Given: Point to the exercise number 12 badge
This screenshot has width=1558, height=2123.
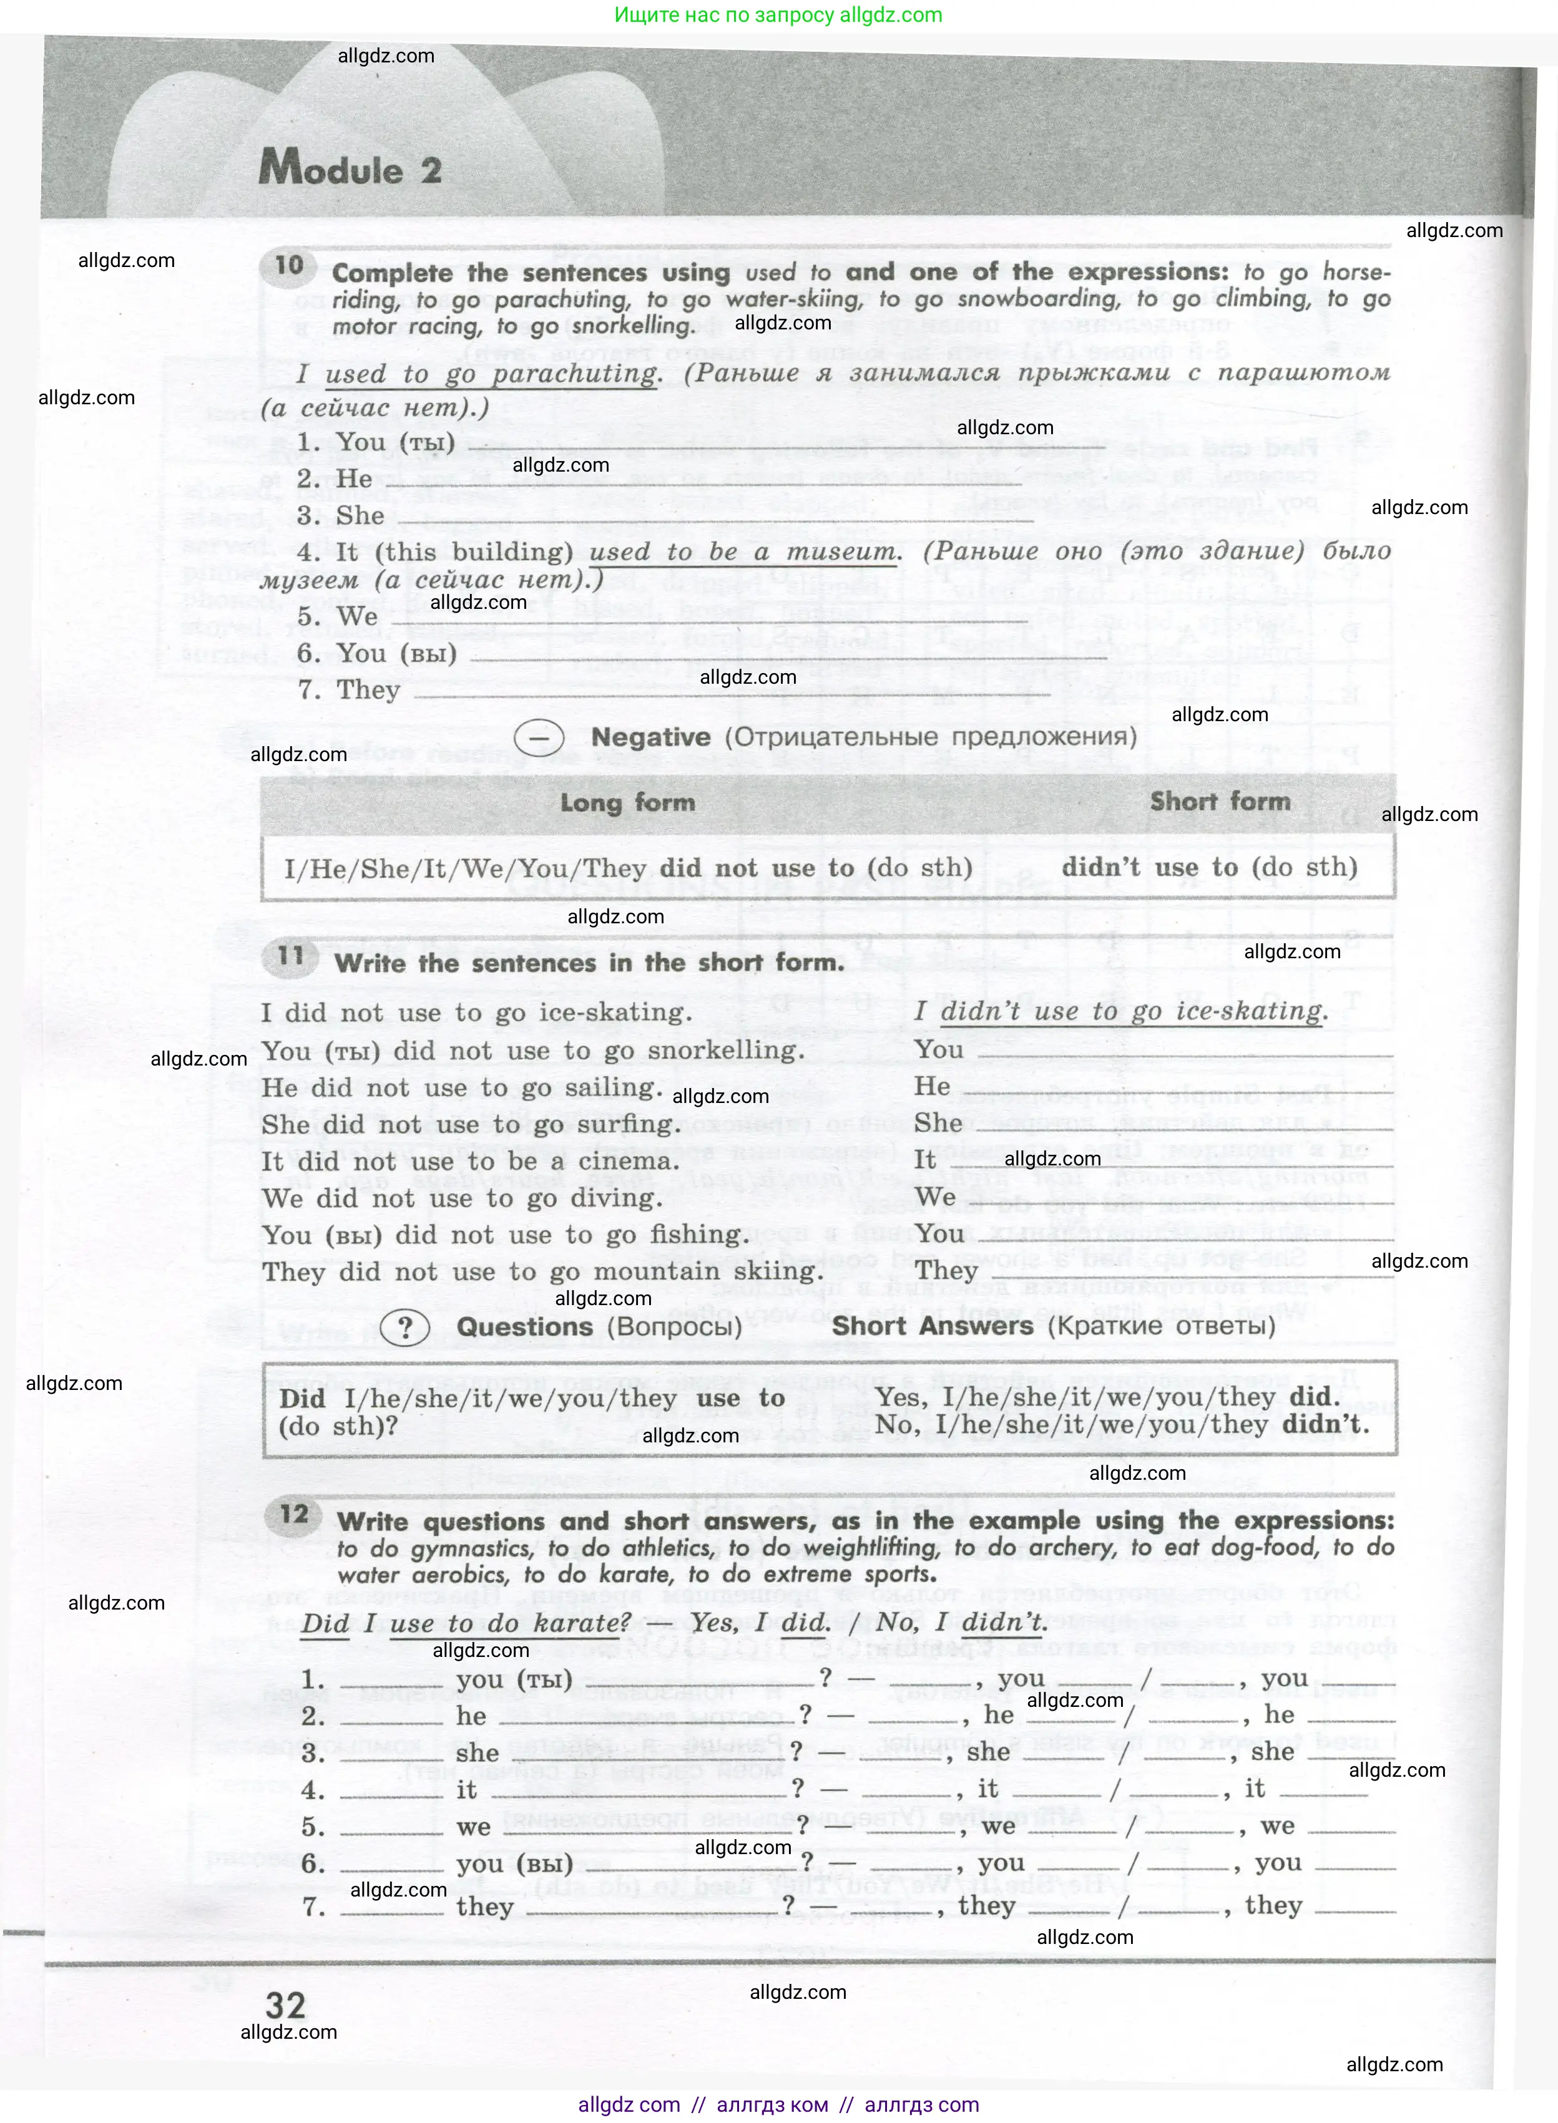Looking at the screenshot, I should pyautogui.click(x=294, y=1514).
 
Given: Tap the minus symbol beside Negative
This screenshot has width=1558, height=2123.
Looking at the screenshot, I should pyautogui.click(x=539, y=738).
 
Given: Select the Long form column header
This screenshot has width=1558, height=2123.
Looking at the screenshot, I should pyautogui.click(x=627, y=802).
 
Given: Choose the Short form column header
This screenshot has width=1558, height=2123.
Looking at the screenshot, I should pyautogui.click(x=1220, y=801).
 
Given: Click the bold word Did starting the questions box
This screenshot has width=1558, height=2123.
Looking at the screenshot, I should pyautogui.click(x=301, y=1398).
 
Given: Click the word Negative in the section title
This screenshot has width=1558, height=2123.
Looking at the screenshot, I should pyautogui.click(x=651, y=737).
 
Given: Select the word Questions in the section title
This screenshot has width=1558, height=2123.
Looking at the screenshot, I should pyautogui.click(x=524, y=1326).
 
